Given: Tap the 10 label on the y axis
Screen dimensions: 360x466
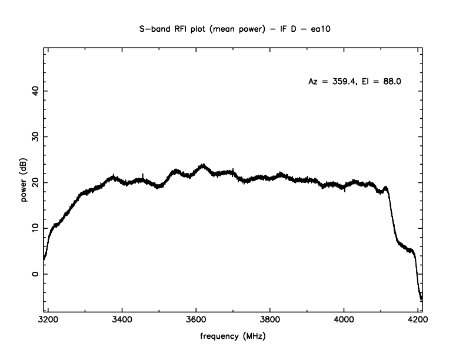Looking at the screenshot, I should (x=35, y=228).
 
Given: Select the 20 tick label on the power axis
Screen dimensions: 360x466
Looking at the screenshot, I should (x=35, y=182).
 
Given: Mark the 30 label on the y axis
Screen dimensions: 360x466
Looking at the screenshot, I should (x=35, y=136).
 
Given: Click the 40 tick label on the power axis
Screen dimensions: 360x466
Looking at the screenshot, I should (x=35, y=91).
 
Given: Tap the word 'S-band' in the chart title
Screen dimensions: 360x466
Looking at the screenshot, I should (x=159, y=27).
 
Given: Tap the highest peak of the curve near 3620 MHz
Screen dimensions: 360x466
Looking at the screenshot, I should (x=204, y=165).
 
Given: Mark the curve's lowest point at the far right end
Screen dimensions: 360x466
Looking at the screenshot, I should (x=421, y=300).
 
